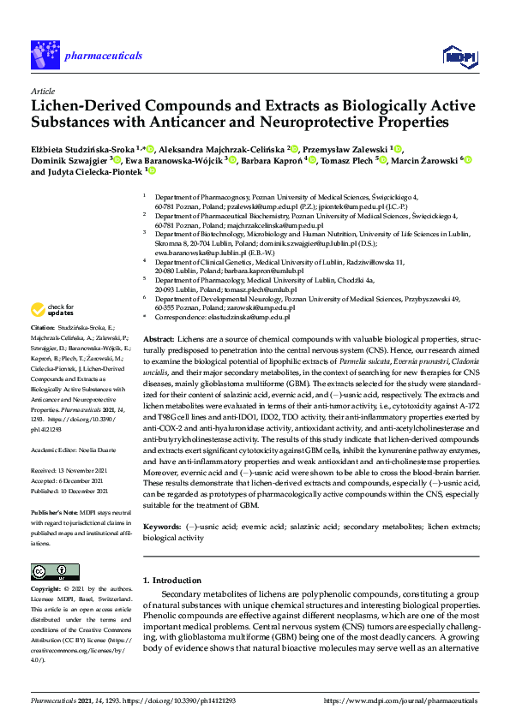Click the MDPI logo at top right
(459, 56)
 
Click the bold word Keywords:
(161, 518)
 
